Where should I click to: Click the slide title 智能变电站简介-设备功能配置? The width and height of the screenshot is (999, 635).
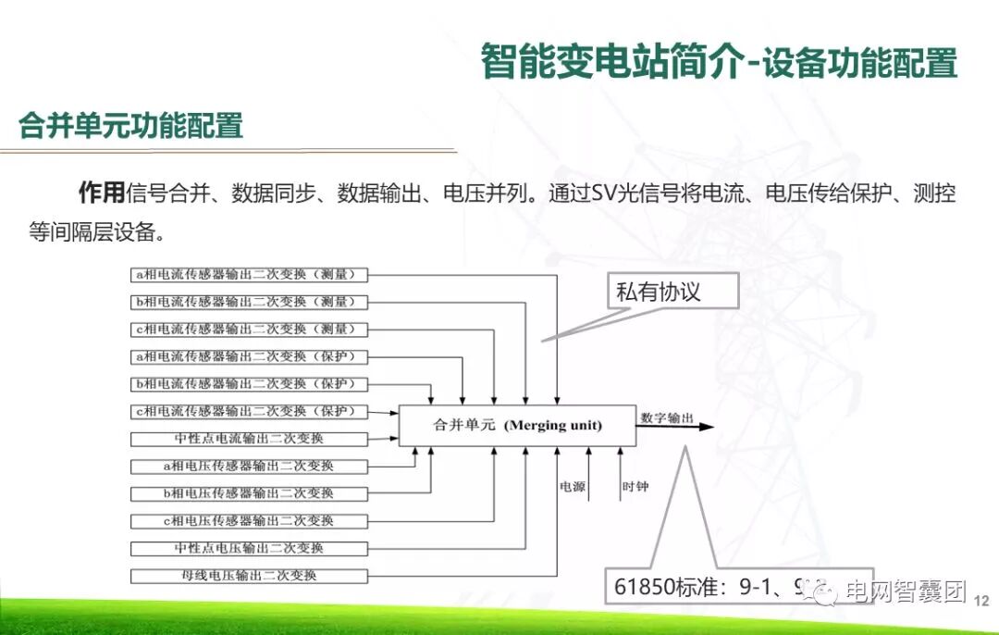[719, 62]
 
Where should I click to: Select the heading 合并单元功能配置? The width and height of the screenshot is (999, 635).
[130, 125]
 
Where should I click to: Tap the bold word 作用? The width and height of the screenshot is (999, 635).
[101, 193]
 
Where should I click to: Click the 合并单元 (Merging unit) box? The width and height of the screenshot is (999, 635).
[517, 426]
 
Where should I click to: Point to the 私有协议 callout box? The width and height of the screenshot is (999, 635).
[672, 292]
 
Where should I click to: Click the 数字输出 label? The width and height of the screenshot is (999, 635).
[666, 418]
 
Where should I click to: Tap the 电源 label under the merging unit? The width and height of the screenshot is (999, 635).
[572, 486]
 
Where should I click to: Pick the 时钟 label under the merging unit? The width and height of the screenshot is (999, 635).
[635, 486]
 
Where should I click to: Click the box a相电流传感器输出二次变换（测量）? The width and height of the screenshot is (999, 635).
[250, 275]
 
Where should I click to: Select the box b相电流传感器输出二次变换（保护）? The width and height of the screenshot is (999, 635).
[250, 384]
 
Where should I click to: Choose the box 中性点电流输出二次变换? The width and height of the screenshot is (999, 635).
[250, 439]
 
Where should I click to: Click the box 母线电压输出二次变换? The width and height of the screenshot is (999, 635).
[250, 576]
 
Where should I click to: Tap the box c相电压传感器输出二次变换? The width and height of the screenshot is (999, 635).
[250, 521]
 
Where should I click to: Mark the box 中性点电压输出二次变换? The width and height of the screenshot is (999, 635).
[250, 548]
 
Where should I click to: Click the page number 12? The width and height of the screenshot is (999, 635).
[981, 601]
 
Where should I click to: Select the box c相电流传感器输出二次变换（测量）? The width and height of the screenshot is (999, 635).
[250, 330]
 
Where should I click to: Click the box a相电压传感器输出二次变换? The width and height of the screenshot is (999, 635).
[250, 467]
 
